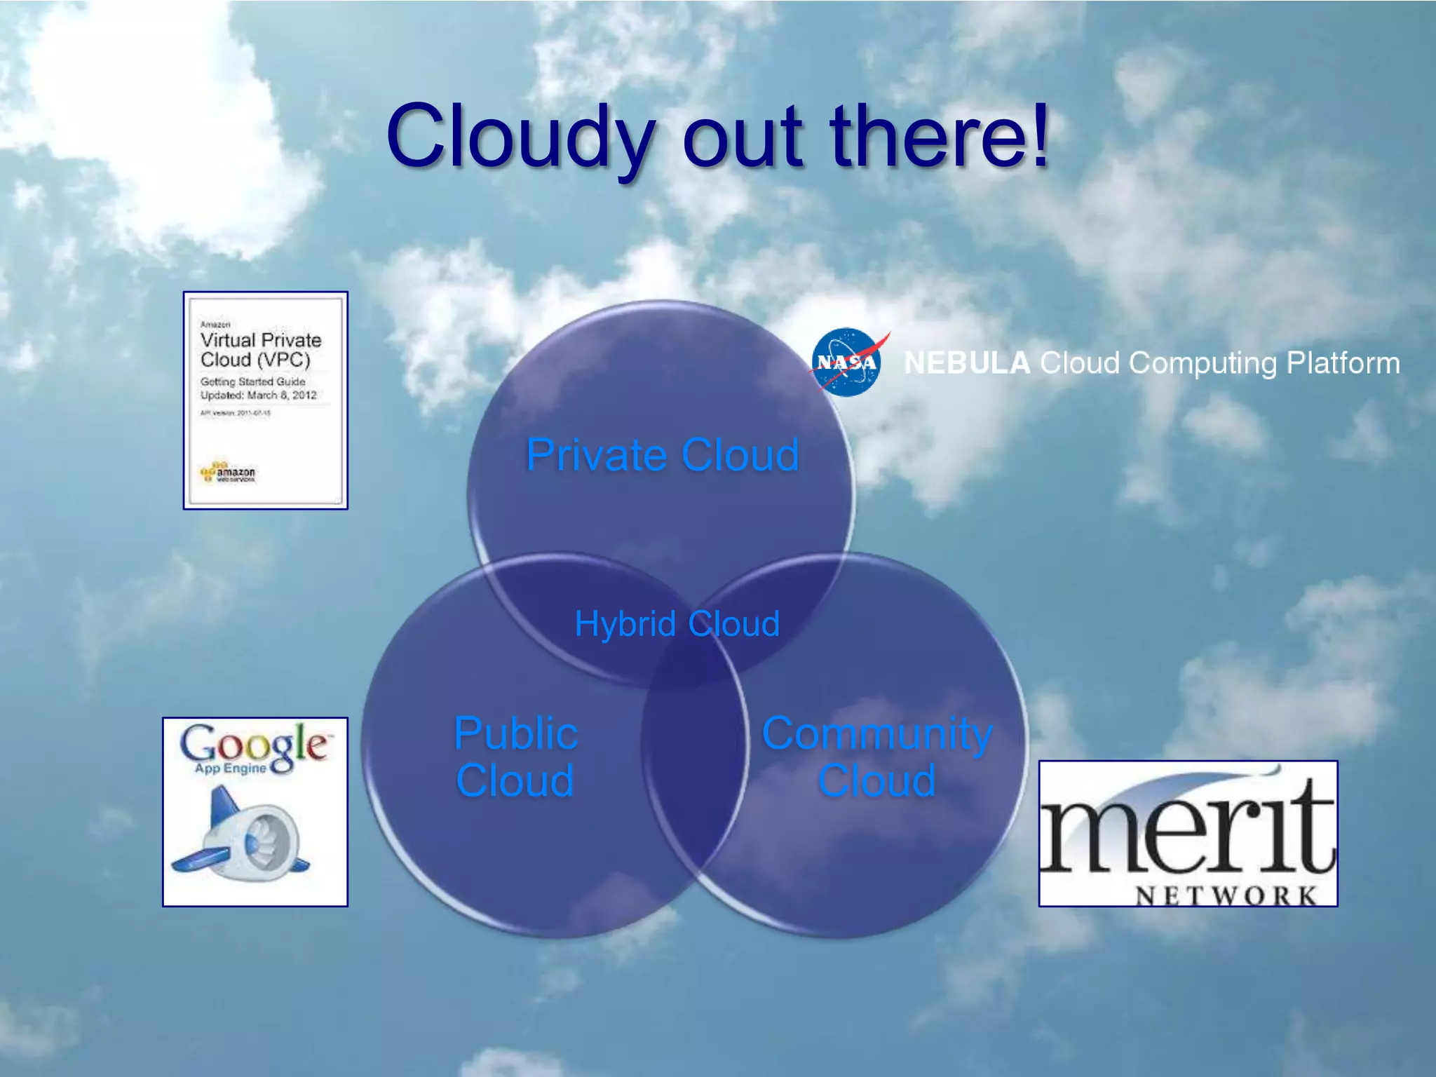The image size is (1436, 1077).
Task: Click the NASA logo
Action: [847, 362]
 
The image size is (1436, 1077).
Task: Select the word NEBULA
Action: [966, 363]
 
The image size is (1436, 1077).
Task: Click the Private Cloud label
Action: [663, 454]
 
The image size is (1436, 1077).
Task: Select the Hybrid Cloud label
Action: [677, 623]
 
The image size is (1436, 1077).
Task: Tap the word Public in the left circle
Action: [515, 733]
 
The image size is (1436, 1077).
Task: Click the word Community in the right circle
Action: [877, 733]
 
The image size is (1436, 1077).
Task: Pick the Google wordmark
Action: [254, 743]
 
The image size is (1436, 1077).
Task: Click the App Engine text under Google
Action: [231, 768]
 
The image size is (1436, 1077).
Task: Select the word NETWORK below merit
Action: [1226, 895]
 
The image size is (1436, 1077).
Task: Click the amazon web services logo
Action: [229, 473]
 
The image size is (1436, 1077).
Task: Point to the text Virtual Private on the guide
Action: [261, 340]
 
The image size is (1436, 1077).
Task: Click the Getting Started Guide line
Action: [252, 381]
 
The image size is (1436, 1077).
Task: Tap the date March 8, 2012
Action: [282, 395]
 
